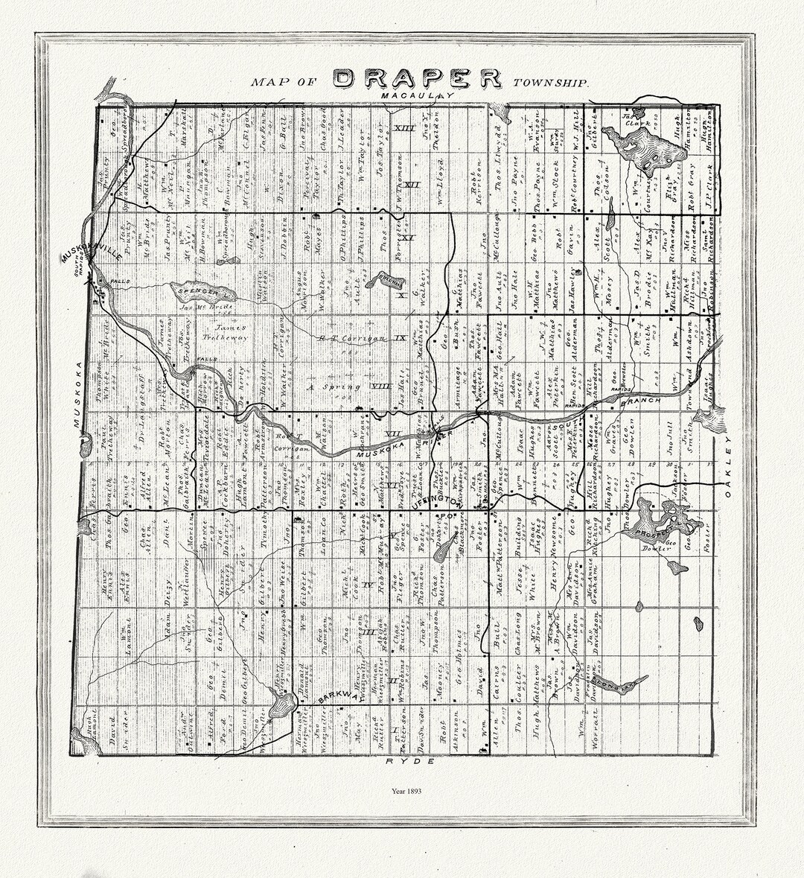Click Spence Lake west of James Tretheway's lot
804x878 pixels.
coord(200,290)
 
